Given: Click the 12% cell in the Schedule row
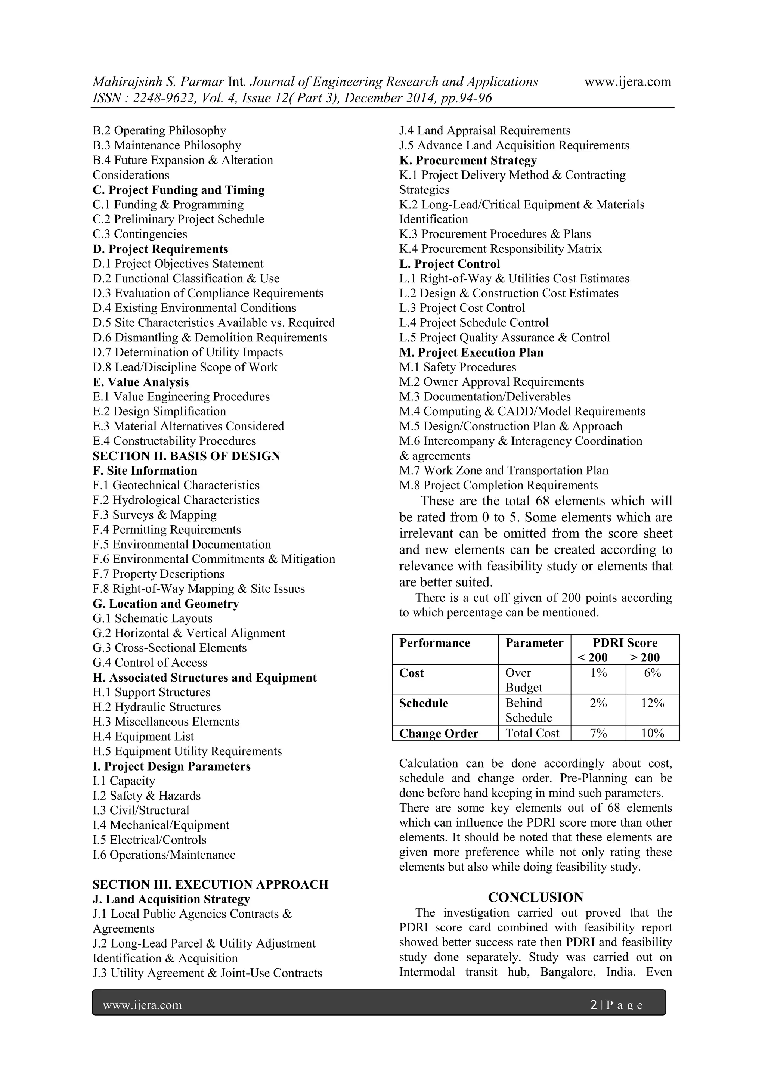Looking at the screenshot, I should click(x=652, y=703).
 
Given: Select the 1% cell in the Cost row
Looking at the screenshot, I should click(x=598, y=673).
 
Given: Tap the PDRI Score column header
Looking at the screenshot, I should click(x=625, y=643).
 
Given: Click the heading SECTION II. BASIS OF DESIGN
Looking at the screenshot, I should click(x=186, y=456).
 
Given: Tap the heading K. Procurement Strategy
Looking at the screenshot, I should click(x=468, y=160).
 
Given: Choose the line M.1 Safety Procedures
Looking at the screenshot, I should click(x=457, y=367).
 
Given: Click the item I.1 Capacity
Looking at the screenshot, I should click(x=124, y=781).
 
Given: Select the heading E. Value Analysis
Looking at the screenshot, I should click(x=140, y=382).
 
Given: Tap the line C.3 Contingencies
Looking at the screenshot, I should click(x=140, y=234).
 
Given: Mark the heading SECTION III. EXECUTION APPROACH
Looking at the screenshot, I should click(x=210, y=884).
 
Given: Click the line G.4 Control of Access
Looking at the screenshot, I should click(x=149, y=663).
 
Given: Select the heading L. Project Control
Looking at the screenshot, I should click(x=449, y=264).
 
